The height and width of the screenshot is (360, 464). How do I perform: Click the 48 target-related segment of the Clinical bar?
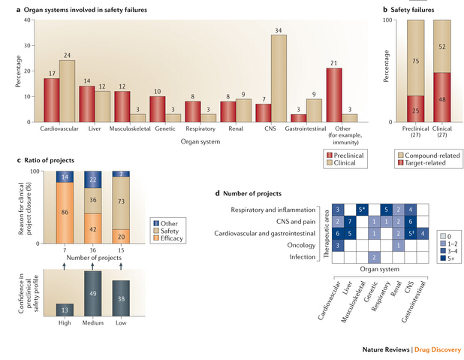click(x=441, y=98)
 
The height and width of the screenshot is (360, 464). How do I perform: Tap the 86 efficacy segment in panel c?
click(x=65, y=213)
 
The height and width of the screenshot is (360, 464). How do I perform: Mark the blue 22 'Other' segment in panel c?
click(x=93, y=181)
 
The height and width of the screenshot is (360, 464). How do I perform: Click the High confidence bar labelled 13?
click(x=65, y=310)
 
